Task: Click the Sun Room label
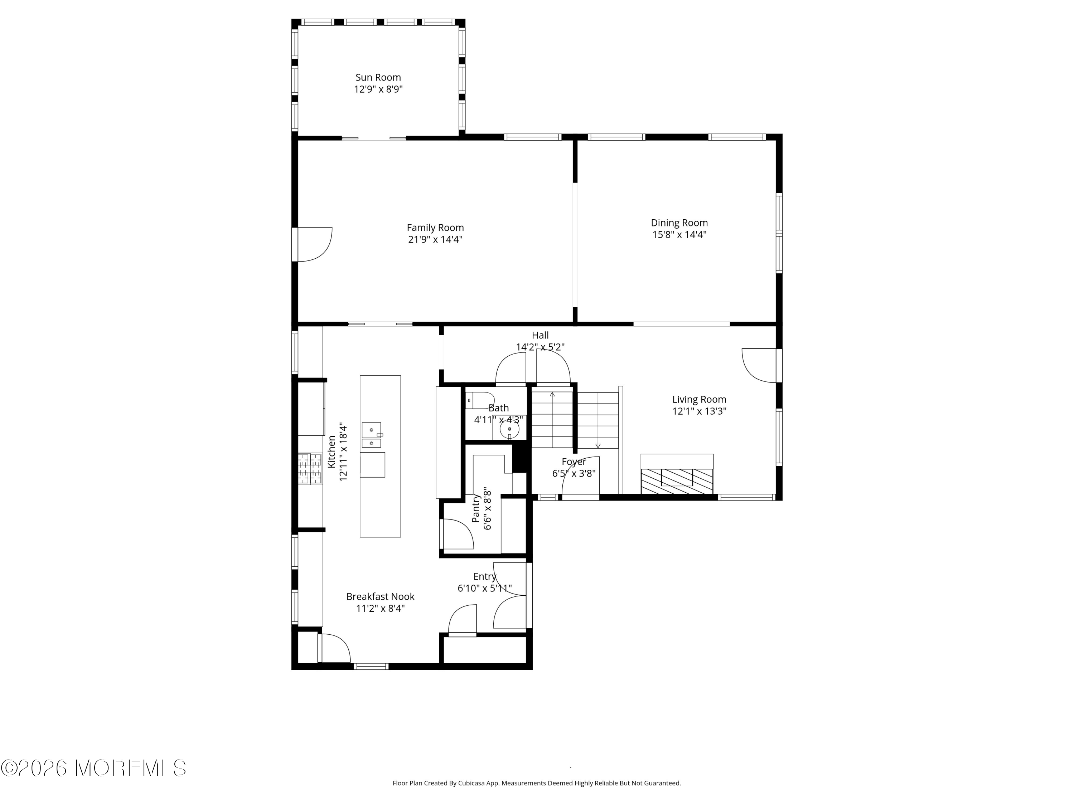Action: pyautogui.click(x=378, y=77)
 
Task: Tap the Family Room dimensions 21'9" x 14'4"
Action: pyautogui.click(x=435, y=239)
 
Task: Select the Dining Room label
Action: pyautogui.click(x=679, y=223)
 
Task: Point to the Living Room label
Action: pyautogui.click(x=699, y=399)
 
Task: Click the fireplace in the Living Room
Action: pyautogui.click(x=677, y=474)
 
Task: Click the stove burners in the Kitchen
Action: pyautogui.click(x=310, y=469)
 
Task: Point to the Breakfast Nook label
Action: pyautogui.click(x=380, y=597)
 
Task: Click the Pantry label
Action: pyautogui.click(x=476, y=508)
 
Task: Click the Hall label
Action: pyautogui.click(x=540, y=335)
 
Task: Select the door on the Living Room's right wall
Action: pyautogui.click(x=759, y=365)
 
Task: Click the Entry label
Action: pyautogui.click(x=485, y=576)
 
